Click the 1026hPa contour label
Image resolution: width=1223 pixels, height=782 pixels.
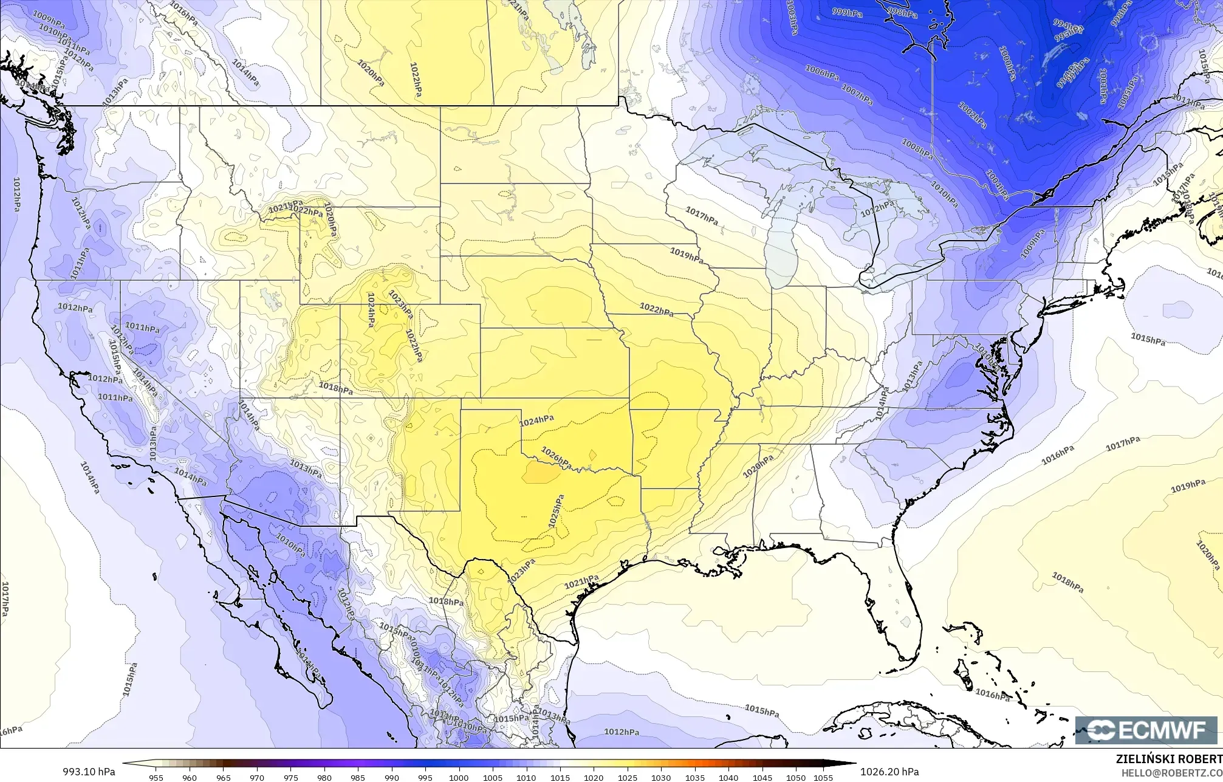[556, 458]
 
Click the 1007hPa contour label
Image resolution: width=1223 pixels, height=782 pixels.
[857, 94]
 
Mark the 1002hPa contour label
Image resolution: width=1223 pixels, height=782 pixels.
[972, 115]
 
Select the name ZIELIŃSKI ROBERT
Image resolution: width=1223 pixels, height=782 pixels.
[1169, 758]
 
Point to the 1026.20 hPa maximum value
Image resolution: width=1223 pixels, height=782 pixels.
[889, 772]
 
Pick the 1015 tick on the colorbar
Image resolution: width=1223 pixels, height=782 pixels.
[560, 777]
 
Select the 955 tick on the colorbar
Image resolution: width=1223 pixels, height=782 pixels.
[156, 777]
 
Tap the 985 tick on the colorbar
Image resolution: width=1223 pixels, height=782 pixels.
[358, 777]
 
